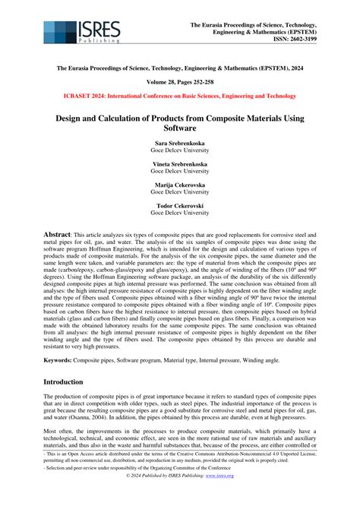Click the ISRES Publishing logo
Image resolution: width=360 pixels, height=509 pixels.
click(x=81, y=32)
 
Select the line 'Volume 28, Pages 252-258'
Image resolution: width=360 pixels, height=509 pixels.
click(x=180, y=82)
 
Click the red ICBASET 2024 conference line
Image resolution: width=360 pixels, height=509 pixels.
click(x=180, y=96)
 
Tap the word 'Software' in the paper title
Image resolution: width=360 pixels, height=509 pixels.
click(x=180, y=130)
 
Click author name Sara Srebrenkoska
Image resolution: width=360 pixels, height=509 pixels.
click(x=180, y=143)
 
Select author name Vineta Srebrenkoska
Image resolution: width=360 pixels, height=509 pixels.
click(x=180, y=164)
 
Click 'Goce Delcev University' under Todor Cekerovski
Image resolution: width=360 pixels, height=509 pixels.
click(x=180, y=213)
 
